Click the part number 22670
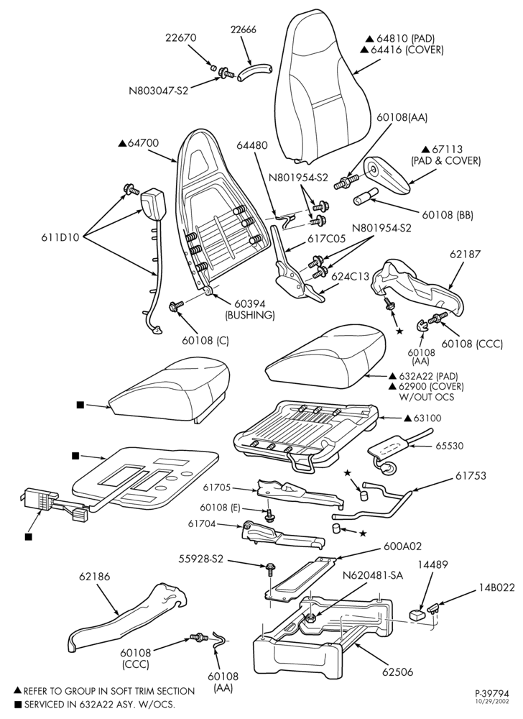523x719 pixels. click(181, 37)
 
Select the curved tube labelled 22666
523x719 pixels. click(254, 73)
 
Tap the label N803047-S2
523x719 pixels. click(159, 91)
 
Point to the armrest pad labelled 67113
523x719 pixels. click(389, 173)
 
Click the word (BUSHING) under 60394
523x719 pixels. click(249, 315)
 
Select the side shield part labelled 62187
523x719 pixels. click(417, 288)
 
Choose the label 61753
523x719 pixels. click(471, 475)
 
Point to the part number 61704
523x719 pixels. click(203, 523)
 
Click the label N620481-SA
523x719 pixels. click(374, 575)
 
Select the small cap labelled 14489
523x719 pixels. click(415, 614)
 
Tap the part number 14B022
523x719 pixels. click(498, 587)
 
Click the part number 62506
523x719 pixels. click(397, 672)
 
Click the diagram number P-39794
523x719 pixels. click(491, 693)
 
